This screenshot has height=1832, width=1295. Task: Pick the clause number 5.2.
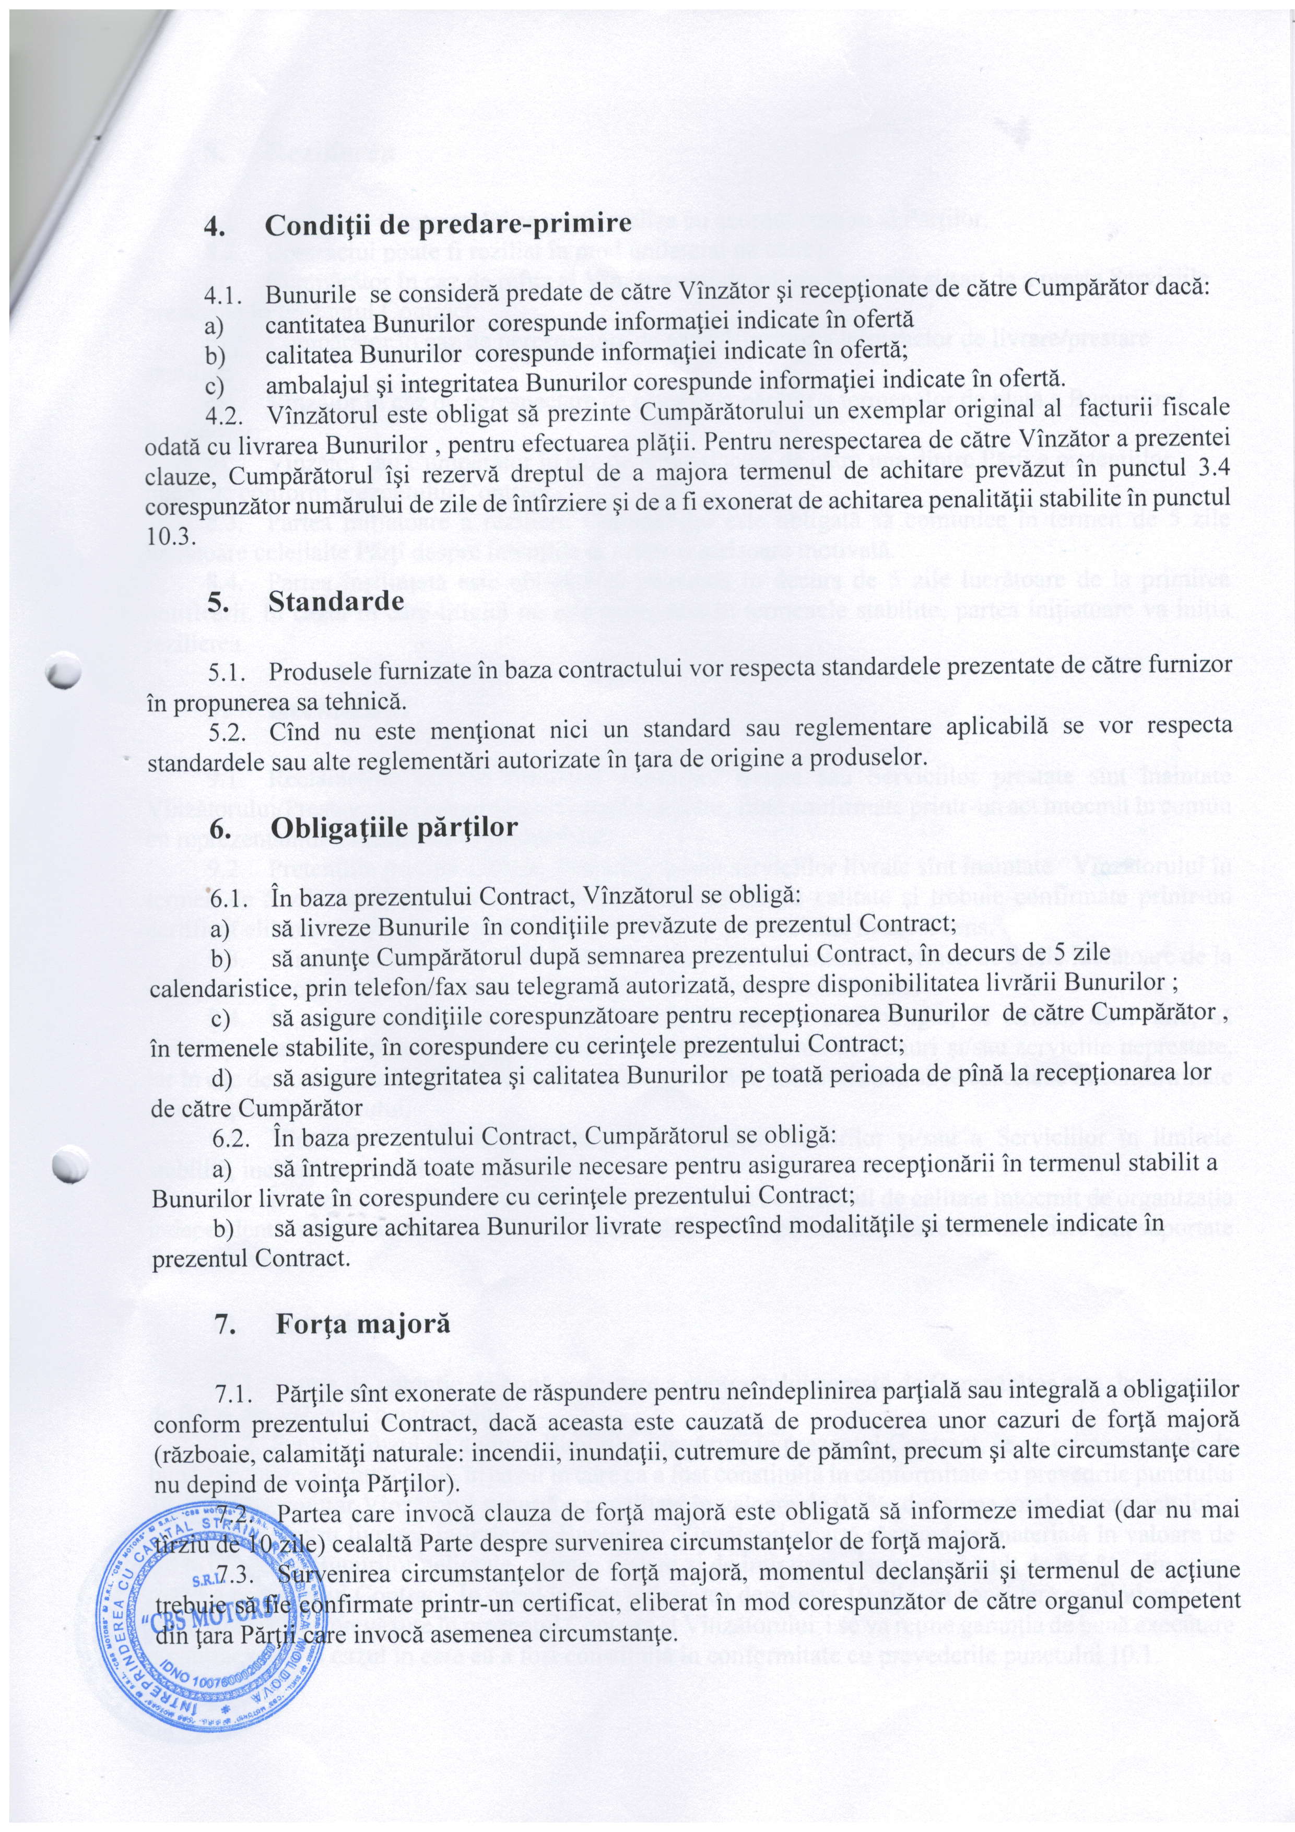(x=227, y=727)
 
